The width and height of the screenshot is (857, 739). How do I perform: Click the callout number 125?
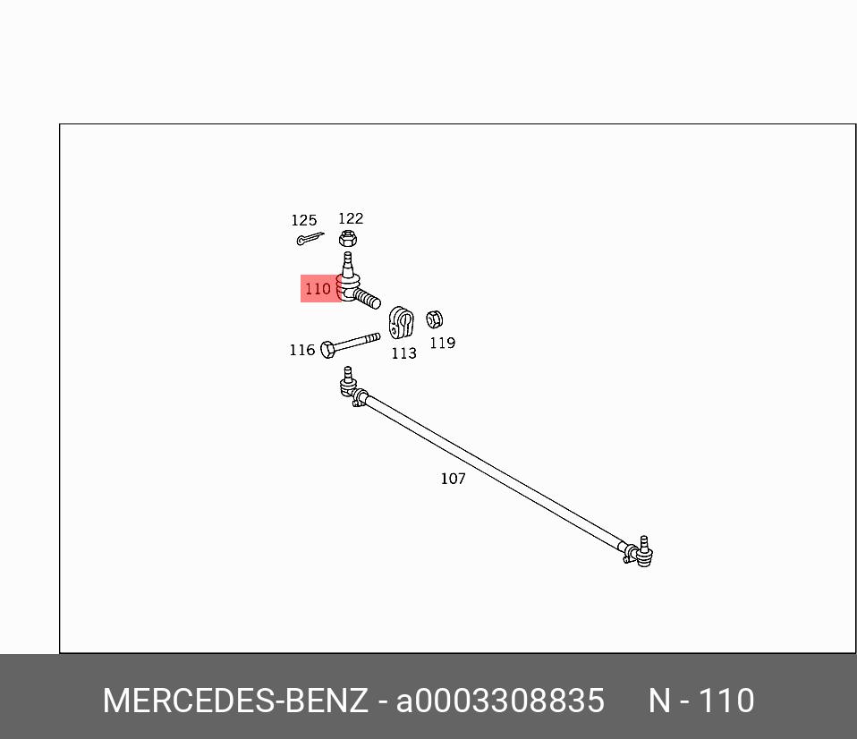coord(304,220)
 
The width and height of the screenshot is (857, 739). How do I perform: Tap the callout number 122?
coord(351,218)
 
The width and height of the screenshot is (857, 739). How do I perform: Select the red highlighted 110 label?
coord(320,288)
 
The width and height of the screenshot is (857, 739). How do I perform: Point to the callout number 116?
coord(302,350)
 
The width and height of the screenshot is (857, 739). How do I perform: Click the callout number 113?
coord(404,353)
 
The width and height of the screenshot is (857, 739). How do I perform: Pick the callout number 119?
coord(443,343)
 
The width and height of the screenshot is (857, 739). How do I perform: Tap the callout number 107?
coord(453,479)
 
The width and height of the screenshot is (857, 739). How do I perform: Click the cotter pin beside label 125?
coord(310,239)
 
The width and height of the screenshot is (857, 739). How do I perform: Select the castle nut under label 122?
coord(348,238)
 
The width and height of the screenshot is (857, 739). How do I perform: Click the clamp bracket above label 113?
coord(401,322)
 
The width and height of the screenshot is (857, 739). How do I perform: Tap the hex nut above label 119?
coord(435,319)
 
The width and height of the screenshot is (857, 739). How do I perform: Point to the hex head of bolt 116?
coord(328,350)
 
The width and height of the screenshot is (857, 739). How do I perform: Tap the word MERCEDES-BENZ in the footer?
coord(235,701)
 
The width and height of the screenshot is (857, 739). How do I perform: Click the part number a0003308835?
coord(500,701)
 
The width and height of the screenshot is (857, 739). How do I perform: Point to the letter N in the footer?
coord(659,701)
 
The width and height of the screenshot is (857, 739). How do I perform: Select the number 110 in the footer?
coord(726,701)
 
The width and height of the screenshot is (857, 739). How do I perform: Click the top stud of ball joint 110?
coord(348,263)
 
